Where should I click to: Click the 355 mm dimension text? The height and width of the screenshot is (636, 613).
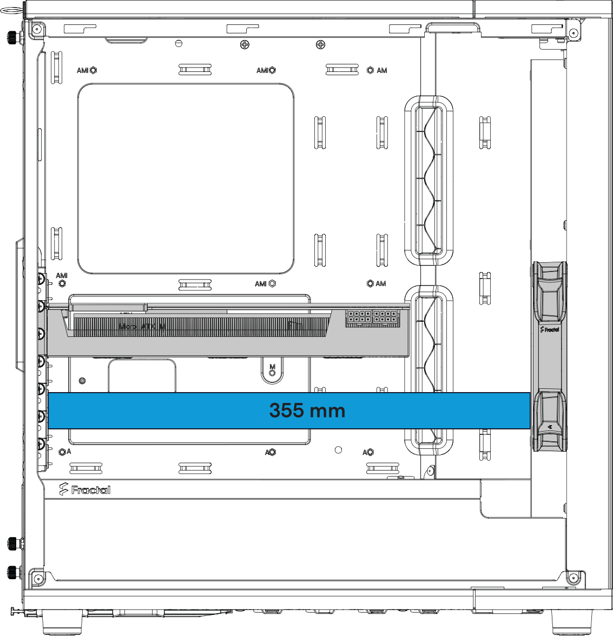click(307, 410)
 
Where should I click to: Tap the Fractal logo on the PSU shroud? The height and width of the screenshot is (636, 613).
click(85, 489)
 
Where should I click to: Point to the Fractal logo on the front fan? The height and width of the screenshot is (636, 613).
click(550, 329)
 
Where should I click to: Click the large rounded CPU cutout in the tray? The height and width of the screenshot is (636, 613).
click(186, 178)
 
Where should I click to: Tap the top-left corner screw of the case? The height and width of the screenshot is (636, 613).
click(37, 29)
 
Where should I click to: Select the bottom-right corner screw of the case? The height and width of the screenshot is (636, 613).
click(573, 578)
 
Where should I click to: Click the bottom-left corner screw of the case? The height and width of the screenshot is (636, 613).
click(37, 579)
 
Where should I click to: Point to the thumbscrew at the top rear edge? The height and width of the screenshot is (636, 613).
click(11, 37)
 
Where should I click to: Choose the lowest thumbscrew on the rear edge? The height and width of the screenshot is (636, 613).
click(12, 571)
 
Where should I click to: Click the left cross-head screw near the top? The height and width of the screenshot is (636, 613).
click(245, 45)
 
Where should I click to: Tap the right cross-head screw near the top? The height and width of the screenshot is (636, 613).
click(320, 45)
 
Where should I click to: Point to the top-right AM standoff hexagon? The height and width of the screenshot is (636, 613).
click(370, 70)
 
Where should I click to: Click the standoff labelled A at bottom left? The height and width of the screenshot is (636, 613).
click(62, 452)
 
